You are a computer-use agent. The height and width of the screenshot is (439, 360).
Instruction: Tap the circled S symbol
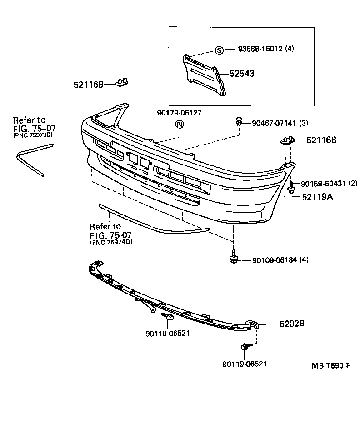(x=219, y=50)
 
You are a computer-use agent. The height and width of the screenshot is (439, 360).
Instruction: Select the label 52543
(x=242, y=73)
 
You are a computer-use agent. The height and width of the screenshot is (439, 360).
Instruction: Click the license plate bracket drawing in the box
(x=204, y=75)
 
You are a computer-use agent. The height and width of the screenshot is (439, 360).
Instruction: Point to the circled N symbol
(x=180, y=124)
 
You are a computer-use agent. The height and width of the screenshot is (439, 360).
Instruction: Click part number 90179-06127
(x=179, y=113)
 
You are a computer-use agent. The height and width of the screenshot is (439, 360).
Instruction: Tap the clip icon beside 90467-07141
(x=239, y=121)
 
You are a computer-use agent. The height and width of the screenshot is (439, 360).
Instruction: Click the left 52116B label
(x=89, y=85)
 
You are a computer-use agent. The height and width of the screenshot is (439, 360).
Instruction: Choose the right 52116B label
(x=321, y=140)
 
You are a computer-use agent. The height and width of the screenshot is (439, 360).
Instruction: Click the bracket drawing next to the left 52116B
(x=121, y=82)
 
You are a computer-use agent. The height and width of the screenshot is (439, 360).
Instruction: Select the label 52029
(x=291, y=324)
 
